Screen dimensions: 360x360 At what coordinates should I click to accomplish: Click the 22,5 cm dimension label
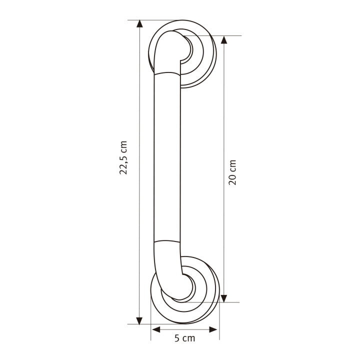click(123, 157)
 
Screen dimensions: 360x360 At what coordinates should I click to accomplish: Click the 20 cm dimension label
click(232, 172)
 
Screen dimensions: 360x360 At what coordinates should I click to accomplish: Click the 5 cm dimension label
click(184, 338)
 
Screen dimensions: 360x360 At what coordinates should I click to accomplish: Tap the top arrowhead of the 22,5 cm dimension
click(139, 24)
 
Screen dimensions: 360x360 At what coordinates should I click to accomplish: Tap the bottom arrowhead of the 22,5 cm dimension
click(139, 320)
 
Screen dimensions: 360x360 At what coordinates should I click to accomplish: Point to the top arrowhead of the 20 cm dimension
click(224, 39)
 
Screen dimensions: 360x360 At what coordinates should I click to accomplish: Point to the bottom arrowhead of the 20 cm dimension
click(224, 298)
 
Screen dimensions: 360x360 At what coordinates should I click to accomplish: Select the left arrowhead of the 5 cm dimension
click(156, 329)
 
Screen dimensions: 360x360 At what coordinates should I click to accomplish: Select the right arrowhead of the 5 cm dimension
click(213, 329)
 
